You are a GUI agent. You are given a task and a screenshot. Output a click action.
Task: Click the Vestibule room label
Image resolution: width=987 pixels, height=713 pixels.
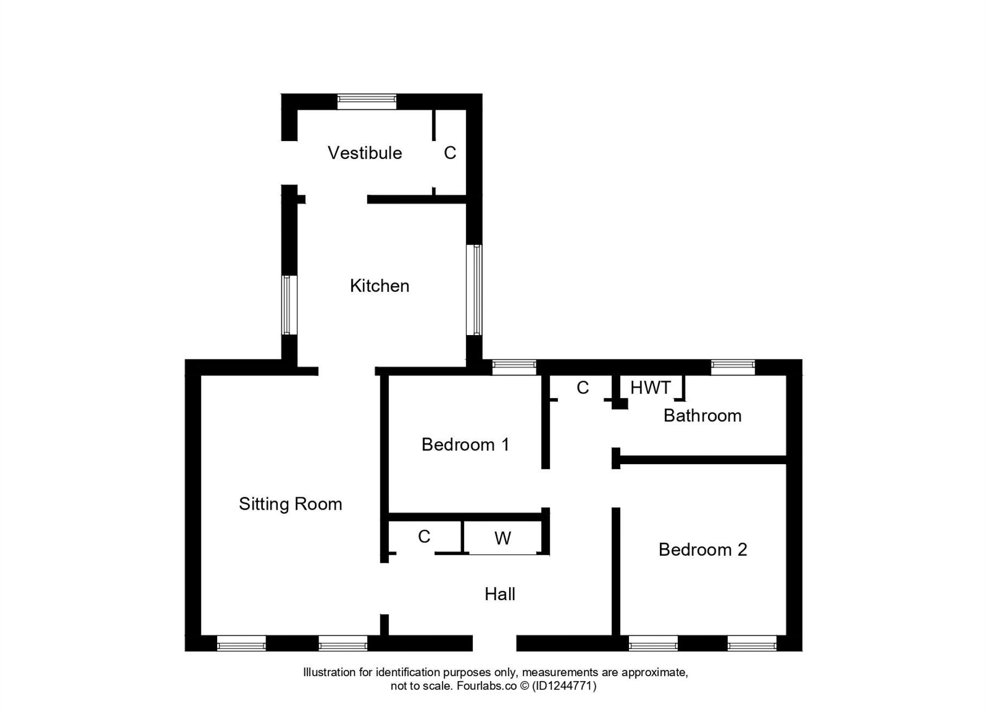click(x=365, y=153)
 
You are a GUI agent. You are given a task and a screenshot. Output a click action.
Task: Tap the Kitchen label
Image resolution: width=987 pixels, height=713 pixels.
click(x=379, y=286)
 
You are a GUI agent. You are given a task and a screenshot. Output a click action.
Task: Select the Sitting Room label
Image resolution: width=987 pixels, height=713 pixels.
click(x=290, y=504)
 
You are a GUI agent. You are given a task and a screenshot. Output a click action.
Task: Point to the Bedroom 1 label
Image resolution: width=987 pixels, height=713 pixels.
click(x=465, y=445)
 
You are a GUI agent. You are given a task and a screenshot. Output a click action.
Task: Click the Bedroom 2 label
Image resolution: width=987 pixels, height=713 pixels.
click(x=703, y=550)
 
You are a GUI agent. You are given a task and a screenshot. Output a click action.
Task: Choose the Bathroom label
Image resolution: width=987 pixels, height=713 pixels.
click(x=702, y=416)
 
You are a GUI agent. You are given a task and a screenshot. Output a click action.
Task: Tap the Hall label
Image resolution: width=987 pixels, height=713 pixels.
click(x=499, y=594)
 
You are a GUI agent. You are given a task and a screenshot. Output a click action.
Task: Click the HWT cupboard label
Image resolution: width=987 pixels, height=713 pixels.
click(x=650, y=388)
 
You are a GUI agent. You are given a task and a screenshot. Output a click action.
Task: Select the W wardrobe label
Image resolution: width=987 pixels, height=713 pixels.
click(x=503, y=538)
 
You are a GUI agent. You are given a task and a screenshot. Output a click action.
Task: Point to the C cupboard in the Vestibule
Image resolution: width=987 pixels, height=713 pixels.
click(x=450, y=153)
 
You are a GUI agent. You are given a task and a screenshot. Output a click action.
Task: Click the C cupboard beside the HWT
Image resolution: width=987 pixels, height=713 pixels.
click(x=582, y=388)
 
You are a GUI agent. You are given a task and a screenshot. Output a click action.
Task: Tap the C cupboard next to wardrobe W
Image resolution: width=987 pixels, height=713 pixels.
click(x=424, y=537)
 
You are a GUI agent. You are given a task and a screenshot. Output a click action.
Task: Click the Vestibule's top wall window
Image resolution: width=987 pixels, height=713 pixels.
click(x=367, y=101)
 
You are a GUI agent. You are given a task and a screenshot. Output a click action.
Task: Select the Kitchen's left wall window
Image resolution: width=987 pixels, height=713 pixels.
click(x=289, y=305)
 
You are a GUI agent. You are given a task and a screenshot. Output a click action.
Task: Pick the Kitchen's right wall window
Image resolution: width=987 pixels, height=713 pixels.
click(x=474, y=290)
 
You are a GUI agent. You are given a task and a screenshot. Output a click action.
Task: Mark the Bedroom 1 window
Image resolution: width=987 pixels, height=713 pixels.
click(x=514, y=367)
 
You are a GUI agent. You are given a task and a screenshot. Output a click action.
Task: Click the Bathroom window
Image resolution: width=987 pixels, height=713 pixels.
click(x=732, y=367)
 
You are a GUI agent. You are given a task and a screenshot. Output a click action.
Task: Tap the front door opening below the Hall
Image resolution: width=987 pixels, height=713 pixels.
click(x=494, y=643)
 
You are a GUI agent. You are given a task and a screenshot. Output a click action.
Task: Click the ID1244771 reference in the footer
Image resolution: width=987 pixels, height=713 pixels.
click(x=564, y=686)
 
